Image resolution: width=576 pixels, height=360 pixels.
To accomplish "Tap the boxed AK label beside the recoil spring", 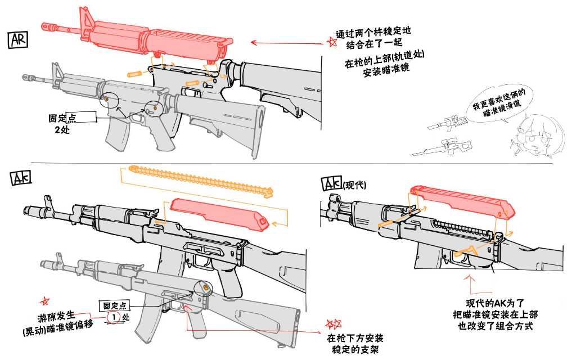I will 20,178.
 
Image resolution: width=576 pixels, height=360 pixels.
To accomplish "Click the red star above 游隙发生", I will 45,301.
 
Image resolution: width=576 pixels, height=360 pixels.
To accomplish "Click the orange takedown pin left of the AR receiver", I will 135,74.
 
